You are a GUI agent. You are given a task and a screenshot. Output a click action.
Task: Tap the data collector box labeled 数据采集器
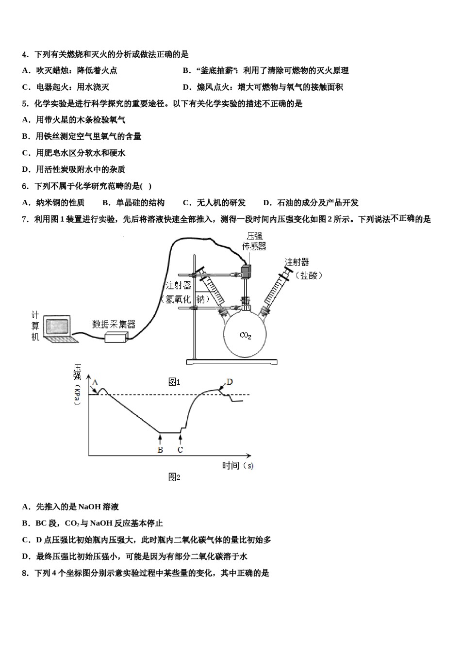tap(116, 337)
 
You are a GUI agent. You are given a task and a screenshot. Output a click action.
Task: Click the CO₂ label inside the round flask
tap(246, 335)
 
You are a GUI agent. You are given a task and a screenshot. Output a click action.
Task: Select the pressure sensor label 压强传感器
tap(254, 241)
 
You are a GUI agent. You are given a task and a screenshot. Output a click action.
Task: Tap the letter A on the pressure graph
tap(95, 383)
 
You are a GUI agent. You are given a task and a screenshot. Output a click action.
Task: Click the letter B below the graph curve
tap(160, 450)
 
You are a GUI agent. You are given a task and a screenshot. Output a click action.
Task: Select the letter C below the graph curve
tap(180, 450)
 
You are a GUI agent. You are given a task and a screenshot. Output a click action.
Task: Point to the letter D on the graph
tap(230, 382)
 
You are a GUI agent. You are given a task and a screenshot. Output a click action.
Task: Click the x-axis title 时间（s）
tap(238, 466)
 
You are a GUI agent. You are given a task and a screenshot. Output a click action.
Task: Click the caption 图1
tap(174, 382)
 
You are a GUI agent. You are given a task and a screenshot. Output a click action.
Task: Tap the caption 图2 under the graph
tap(174, 477)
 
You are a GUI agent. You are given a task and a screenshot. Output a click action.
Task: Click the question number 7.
tap(25, 219)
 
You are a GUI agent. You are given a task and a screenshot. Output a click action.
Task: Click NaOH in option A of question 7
tap(88, 507)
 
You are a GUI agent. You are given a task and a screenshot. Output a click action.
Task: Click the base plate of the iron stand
tap(232, 361)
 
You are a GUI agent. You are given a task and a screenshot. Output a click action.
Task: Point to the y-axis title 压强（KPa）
tap(77, 384)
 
